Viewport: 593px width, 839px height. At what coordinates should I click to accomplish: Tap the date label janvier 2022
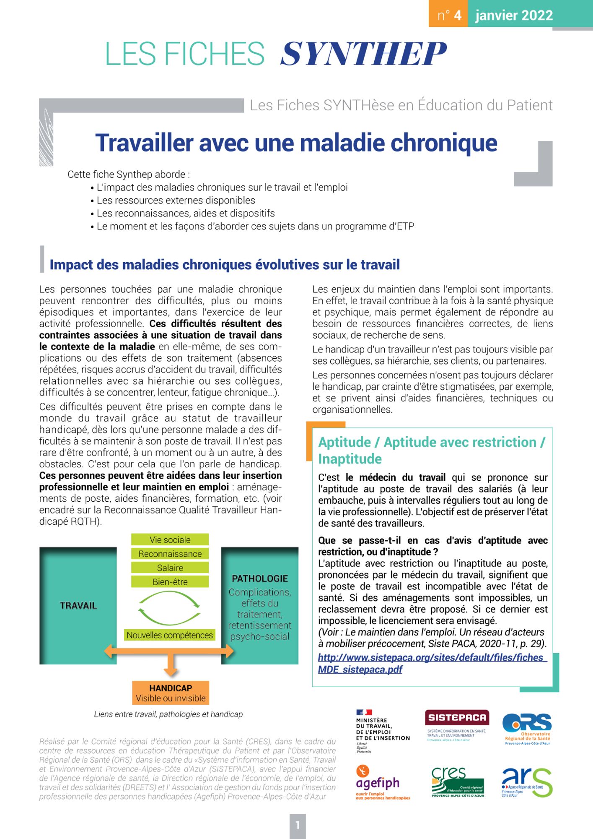tap(514, 16)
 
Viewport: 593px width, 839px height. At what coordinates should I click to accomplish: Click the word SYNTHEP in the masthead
tap(363, 54)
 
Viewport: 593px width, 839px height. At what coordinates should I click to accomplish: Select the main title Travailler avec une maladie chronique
tap(296, 143)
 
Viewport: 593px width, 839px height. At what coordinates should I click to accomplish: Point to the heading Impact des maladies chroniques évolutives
tap(225, 265)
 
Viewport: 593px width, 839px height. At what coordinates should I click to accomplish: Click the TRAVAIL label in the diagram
tap(78, 605)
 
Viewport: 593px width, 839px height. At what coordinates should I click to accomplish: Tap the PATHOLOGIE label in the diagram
tap(260, 578)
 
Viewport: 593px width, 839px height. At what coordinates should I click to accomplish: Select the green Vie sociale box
tap(170, 540)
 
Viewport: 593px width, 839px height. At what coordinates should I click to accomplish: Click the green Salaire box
tap(170, 568)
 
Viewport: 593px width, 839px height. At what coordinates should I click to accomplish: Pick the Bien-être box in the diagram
tap(170, 582)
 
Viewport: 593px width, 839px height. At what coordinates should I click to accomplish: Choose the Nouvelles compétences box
tap(170, 635)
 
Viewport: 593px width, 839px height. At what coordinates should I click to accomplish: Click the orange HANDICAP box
tap(171, 693)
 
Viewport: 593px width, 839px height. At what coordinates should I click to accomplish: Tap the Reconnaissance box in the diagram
tap(170, 554)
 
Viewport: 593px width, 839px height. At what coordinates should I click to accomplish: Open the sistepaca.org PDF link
tap(432, 663)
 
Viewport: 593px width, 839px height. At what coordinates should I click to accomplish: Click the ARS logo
tap(527, 783)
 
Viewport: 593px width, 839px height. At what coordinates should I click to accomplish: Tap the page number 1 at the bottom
tap(298, 826)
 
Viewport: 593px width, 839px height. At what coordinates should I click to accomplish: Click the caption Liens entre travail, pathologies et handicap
tap(168, 714)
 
